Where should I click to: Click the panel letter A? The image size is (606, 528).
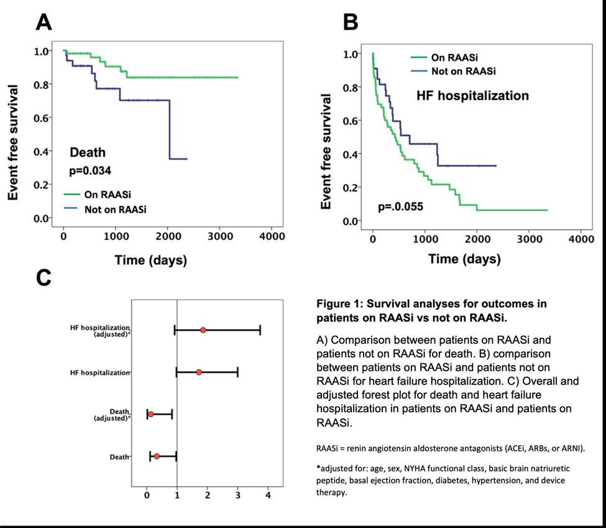(x=44, y=22)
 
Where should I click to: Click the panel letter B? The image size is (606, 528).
(x=351, y=23)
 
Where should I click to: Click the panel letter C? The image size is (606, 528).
(x=44, y=277)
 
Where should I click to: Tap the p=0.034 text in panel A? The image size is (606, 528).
(x=90, y=169)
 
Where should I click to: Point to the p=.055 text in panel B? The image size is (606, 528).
(x=400, y=206)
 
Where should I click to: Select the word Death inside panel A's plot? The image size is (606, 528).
(x=87, y=152)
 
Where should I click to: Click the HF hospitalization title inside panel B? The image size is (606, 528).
(x=472, y=95)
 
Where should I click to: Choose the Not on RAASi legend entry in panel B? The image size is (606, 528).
(x=463, y=72)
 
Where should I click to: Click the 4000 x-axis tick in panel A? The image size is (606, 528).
(x=272, y=236)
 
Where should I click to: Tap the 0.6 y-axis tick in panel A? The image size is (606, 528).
(x=41, y=118)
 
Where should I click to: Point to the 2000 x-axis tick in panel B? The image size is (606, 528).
(x=477, y=239)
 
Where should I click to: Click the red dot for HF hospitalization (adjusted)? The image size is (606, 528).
(x=203, y=330)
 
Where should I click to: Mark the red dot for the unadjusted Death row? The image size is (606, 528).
(x=157, y=456)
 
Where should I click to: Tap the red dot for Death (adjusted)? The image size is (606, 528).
(x=150, y=414)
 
